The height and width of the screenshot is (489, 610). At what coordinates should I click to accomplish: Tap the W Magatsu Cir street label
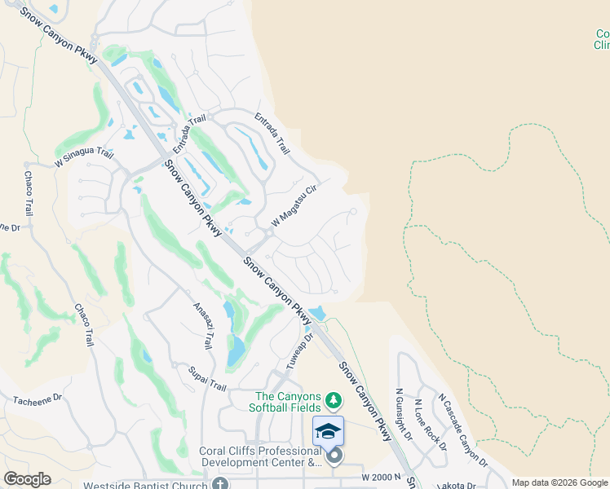[294, 205]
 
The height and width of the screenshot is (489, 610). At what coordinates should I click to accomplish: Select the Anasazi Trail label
[203, 324]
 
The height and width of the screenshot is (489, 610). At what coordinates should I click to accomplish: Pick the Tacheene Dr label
[38, 399]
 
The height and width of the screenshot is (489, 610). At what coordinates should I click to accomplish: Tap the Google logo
[27, 479]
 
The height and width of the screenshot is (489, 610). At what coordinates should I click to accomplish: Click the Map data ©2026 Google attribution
[559, 482]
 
